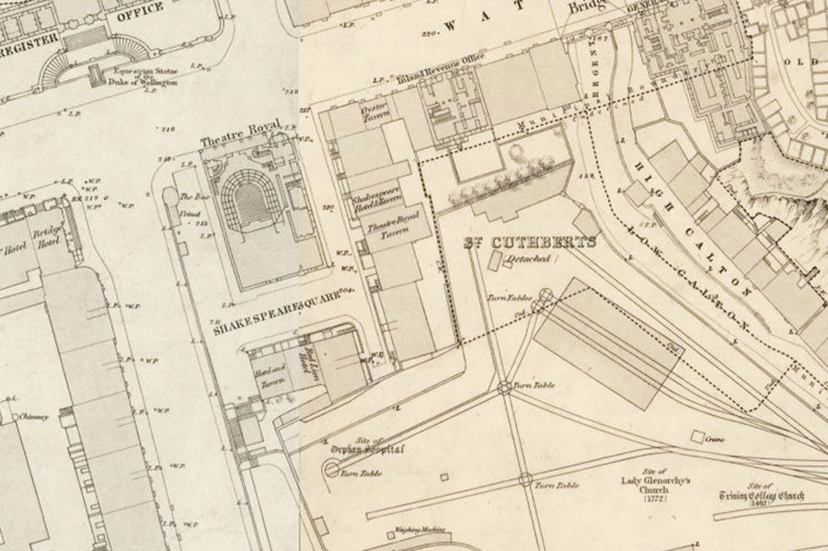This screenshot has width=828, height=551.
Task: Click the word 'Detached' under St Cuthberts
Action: [529, 259]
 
